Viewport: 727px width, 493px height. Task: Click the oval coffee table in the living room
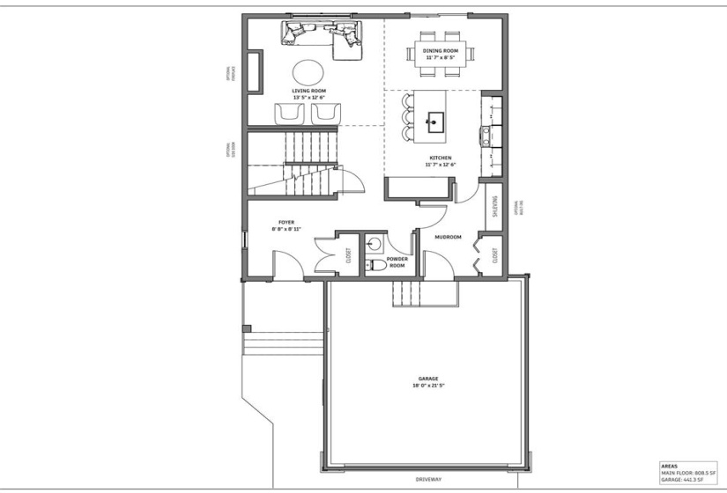click(x=308, y=70)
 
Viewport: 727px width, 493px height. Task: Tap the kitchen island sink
click(x=435, y=121)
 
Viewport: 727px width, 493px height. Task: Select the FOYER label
click(x=286, y=223)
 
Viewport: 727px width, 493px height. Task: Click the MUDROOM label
click(x=449, y=236)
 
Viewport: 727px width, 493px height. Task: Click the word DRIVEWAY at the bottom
click(x=428, y=480)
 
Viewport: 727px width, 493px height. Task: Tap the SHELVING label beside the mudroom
click(x=495, y=207)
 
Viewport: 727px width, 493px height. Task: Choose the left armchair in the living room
click(x=290, y=114)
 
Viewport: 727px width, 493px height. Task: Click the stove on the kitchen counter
click(x=486, y=135)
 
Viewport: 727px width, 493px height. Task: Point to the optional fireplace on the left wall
click(x=254, y=71)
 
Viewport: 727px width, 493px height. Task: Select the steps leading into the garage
click(x=407, y=294)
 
